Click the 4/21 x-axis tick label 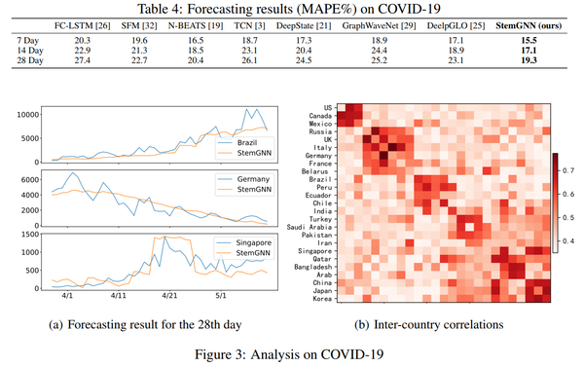[169, 293]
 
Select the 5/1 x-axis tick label [221, 293]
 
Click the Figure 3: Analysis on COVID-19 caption [292, 351]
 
